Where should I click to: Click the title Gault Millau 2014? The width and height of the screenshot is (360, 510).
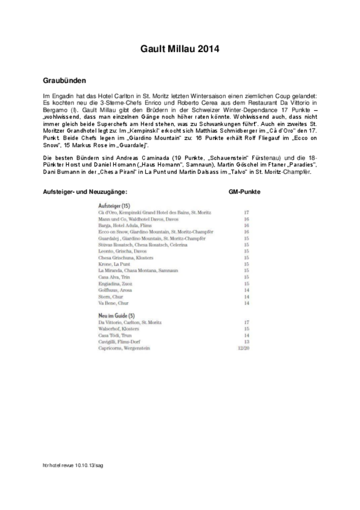[x=180, y=49]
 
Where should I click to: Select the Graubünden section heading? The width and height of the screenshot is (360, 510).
[x=64, y=81]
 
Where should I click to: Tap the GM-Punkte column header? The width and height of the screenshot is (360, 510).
[x=244, y=192]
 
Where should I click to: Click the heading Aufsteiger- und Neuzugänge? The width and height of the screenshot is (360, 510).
[x=85, y=192]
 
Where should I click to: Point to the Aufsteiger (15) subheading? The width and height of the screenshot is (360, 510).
[x=114, y=205]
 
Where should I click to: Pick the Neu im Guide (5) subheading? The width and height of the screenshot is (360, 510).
[x=116, y=315]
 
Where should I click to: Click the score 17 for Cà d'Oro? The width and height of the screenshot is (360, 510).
[x=247, y=213]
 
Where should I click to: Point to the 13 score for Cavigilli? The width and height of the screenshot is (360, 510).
[x=247, y=342]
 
